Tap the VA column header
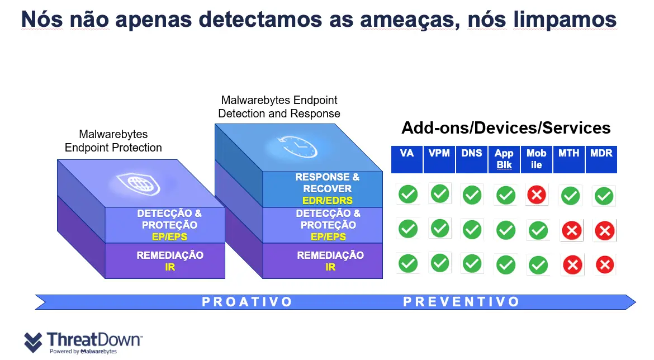click(407, 153)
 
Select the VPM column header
click(439, 153)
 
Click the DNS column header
click(472, 153)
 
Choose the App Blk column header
click(504, 159)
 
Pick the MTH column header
click(569, 153)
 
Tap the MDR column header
click(601, 153)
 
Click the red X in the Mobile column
click(537, 195)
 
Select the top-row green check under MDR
click(604, 196)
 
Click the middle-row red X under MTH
click(572, 230)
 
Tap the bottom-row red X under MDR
click(604, 264)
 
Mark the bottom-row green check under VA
click(408, 263)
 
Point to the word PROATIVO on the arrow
click(247, 302)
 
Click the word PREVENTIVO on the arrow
click(461, 302)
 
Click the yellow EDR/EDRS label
click(328, 200)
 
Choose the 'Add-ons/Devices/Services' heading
click(506, 128)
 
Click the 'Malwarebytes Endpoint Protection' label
click(113, 141)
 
